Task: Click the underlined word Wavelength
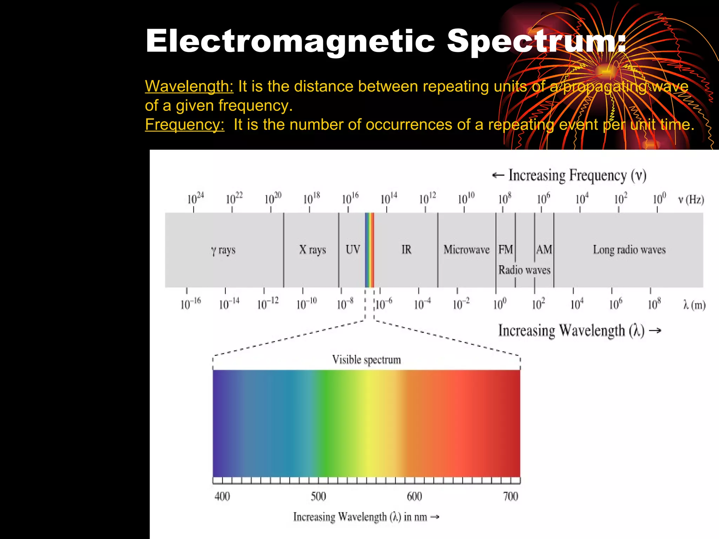(x=189, y=86)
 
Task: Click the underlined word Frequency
(x=185, y=125)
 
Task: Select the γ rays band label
(x=223, y=250)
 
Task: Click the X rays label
(x=312, y=249)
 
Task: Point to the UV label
(x=352, y=249)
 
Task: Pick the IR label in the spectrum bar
(x=406, y=249)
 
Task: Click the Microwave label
(x=466, y=249)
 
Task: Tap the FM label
(x=506, y=249)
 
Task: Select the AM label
(x=544, y=249)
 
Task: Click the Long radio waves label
(x=629, y=249)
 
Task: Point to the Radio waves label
(x=525, y=270)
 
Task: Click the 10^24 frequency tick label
(x=195, y=198)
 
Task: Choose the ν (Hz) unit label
(x=691, y=199)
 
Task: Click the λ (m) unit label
(x=694, y=305)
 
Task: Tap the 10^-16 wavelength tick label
(x=190, y=303)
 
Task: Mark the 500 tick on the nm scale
(x=318, y=496)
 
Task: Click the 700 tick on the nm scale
(x=510, y=496)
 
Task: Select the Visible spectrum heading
(x=366, y=360)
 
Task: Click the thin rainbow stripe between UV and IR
(x=369, y=250)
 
